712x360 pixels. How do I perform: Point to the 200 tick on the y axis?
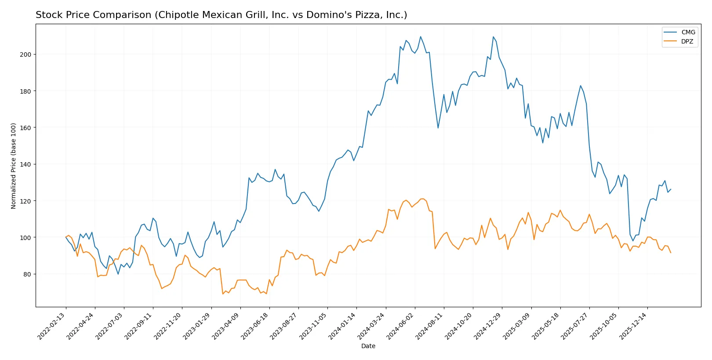point(25,55)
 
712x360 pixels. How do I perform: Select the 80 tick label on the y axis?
point(27,274)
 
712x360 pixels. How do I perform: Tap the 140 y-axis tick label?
point(25,164)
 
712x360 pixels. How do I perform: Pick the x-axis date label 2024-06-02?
point(401,326)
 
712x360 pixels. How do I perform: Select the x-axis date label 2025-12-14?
point(633,326)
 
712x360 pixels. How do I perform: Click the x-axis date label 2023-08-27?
point(284,326)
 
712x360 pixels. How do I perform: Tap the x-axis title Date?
point(368,346)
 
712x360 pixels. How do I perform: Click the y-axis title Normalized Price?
point(13,166)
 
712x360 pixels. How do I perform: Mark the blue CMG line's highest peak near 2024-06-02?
point(421,36)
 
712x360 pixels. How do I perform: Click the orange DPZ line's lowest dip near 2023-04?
point(223,294)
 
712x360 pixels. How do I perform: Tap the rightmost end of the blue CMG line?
point(671,189)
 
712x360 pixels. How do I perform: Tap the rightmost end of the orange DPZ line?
point(671,253)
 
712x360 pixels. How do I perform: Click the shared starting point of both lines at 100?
point(66,237)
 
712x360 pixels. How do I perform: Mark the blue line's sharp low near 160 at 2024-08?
point(438,128)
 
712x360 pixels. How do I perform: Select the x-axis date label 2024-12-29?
point(488,326)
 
